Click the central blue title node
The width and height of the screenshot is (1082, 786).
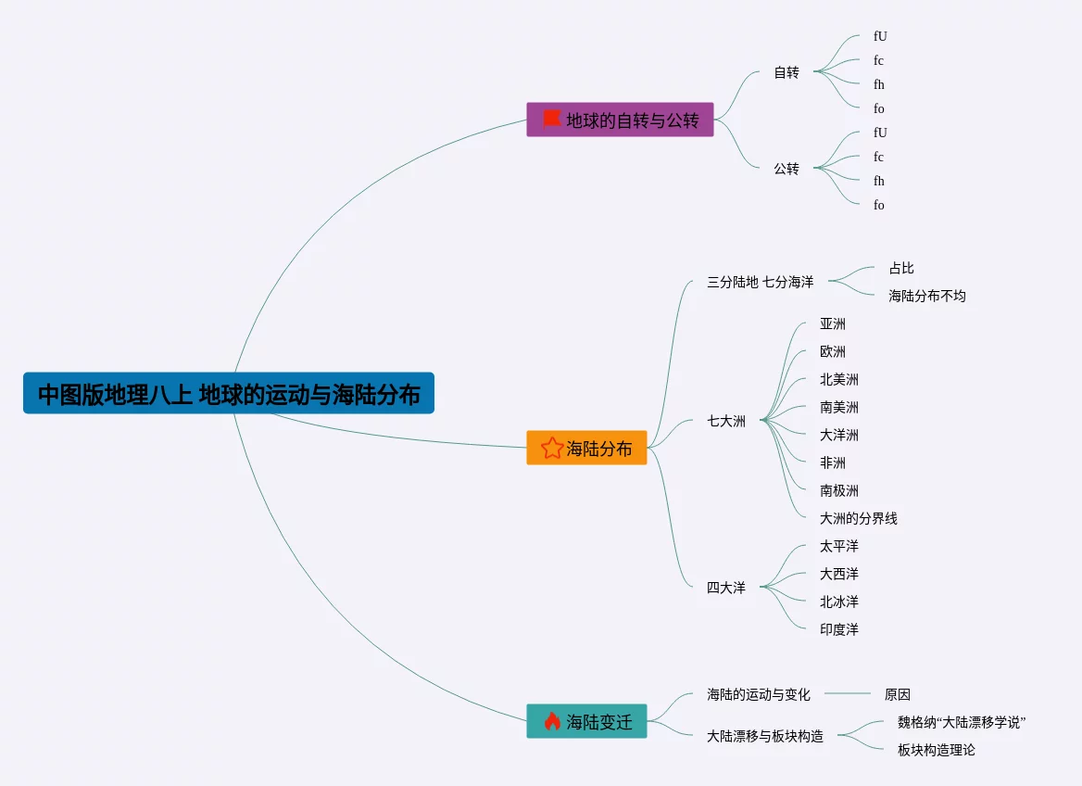228,394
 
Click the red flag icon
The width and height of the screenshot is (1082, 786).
552,119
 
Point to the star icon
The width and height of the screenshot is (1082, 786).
552,449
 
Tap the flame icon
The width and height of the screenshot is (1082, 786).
552,722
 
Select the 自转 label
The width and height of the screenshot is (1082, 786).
786,72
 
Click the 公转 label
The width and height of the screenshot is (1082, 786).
786,169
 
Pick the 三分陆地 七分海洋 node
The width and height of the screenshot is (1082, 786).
760,282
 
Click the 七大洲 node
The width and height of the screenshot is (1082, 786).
726,421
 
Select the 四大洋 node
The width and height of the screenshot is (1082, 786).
726,588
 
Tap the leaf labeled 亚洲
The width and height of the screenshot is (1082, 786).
833,324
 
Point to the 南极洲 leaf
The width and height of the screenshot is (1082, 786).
839,490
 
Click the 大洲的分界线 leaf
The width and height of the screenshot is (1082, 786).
859,518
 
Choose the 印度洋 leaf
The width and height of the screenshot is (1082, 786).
839,629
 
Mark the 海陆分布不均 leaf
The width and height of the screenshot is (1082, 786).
927,296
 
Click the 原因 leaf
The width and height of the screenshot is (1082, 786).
898,694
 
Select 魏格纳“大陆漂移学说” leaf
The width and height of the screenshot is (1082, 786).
962,722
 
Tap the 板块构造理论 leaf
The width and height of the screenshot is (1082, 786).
937,750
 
